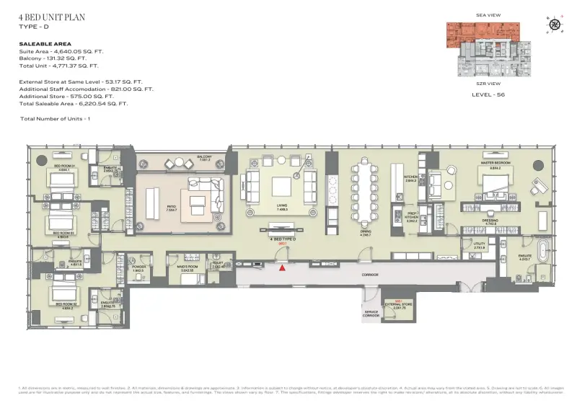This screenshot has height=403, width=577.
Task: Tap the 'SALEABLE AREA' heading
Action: click(45, 44)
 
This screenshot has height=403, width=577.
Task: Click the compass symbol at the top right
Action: click(555, 24)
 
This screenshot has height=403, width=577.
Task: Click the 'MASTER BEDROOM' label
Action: click(496, 164)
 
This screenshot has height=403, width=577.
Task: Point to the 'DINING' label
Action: click(365, 231)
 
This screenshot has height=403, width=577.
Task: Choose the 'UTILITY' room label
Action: click(479, 244)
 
